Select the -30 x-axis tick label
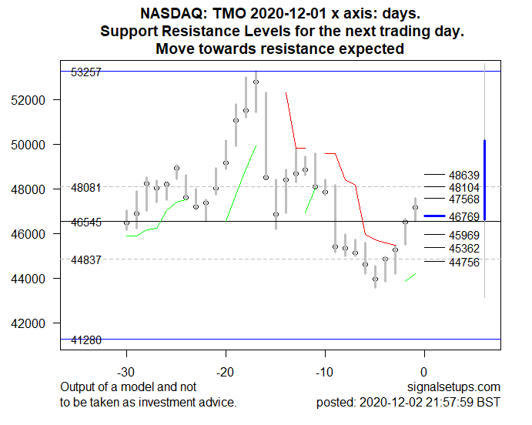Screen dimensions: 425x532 coord(127,371)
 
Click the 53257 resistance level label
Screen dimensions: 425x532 coord(85,72)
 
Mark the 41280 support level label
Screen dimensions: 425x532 coord(85,340)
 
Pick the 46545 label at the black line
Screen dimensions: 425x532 coord(85,223)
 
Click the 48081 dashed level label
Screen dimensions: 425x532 coord(85,188)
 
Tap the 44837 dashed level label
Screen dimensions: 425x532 coord(85,260)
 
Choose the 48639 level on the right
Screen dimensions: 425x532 coord(465,175)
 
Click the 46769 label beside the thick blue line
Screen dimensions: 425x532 coord(465,218)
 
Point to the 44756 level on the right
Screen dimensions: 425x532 coord(465,263)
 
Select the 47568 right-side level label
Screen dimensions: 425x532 coord(465,200)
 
